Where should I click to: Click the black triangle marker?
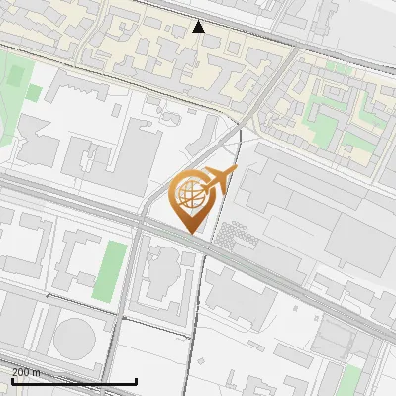click(199, 27)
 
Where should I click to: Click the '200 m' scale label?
click(26, 372)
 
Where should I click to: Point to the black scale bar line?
click(73, 381)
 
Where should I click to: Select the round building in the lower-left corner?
click(77, 337)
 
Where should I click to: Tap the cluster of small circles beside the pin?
click(234, 235)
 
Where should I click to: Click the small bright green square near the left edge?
click(34, 93)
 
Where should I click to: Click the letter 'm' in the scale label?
click(37, 372)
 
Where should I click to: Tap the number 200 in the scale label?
click(21, 372)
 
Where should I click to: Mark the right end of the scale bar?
click(136, 381)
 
